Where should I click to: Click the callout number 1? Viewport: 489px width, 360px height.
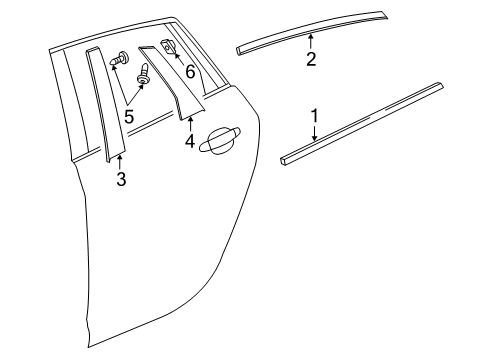tap(315, 117)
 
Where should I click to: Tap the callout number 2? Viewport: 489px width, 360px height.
tap(311, 59)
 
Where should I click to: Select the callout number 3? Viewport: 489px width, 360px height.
tap(120, 180)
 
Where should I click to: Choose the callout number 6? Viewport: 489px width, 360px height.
tap(190, 72)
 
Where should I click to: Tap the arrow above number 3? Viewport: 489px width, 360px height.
tap(120, 163)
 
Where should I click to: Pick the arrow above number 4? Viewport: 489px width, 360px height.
tap(190, 124)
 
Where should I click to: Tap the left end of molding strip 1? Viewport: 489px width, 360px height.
tap(285, 157)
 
